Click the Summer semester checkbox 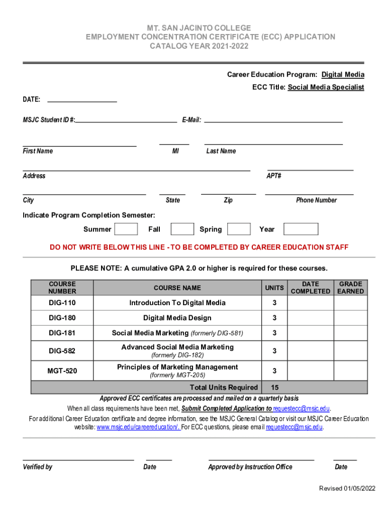tap(126, 229)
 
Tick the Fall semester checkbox tap(182, 229)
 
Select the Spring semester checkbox tap(239, 229)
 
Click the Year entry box tap(301, 229)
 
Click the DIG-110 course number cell tap(62, 303)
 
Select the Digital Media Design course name tap(177, 318)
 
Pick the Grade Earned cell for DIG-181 tap(351, 333)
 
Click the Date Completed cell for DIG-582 tap(311, 351)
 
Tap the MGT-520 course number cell tap(62, 371)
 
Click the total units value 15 tap(275, 388)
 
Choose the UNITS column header tap(274, 288)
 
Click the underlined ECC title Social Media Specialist tap(326, 87)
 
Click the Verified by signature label tap(38, 467)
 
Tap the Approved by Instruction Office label tap(250, 467)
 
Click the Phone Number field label tap(316, 200)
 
